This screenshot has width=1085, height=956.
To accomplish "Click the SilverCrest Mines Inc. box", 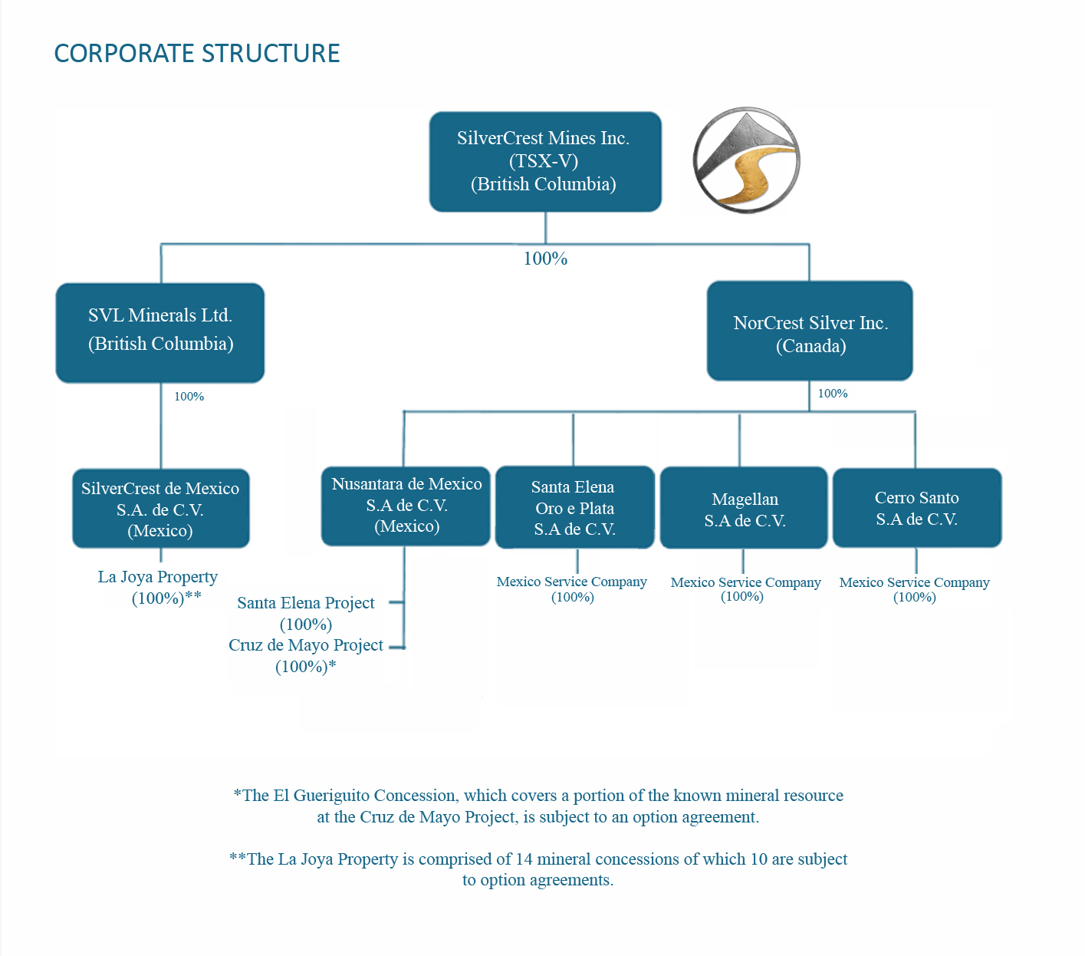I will [544, 161].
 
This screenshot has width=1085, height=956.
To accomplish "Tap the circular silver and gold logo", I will [746, 160].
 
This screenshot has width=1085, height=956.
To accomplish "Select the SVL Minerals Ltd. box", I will [160, 332].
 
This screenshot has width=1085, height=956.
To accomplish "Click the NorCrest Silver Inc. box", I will [810, 331].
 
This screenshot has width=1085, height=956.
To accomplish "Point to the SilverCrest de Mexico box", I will [160, 509].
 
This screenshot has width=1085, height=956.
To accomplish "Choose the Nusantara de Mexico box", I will [406, 506].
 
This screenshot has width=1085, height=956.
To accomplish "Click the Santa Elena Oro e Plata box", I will [574, 507].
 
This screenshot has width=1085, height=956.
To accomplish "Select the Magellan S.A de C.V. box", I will [744, 508].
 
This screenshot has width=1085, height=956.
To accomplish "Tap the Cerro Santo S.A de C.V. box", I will [917, 507].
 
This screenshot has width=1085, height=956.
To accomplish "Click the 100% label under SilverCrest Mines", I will [545, 259].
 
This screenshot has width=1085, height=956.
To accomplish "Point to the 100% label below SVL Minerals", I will [189, 397].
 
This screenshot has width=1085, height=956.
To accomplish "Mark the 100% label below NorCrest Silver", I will [833, 394].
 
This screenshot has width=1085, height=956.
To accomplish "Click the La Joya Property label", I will [158, 577].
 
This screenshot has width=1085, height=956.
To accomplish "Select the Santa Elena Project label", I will [305, 603].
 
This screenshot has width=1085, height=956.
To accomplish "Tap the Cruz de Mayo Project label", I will [305, 645].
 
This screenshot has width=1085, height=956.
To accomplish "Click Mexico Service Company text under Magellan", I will [745, 582].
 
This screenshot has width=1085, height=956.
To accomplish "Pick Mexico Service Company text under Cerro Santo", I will [914, 582].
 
